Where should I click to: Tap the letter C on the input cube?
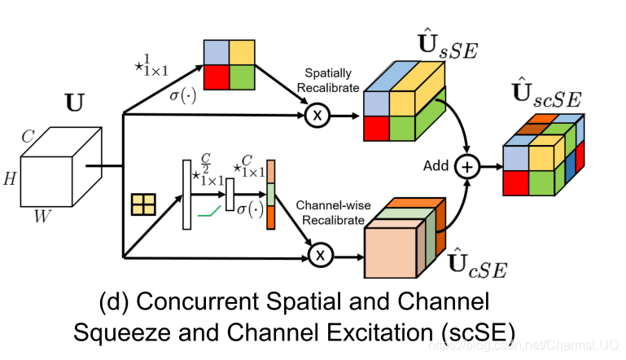(x=27, y=138)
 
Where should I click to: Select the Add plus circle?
(x=467, y=166)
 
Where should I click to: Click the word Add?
(x=436, y=166)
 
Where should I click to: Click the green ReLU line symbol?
(x=210, y=214)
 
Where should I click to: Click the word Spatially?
(x=325, y=73)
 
